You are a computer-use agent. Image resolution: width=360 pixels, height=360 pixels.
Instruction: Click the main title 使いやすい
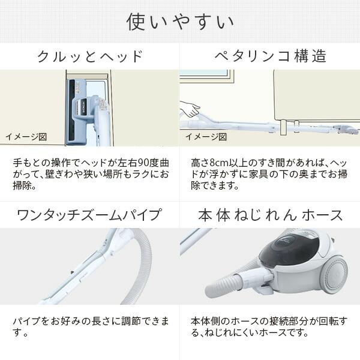(x=180, y=22)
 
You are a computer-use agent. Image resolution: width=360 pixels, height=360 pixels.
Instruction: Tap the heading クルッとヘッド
(x=90, y=57)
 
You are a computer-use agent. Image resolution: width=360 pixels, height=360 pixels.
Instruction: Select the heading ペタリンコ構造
(x=270, y=57)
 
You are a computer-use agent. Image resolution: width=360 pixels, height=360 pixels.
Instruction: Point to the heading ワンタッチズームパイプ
(x=90, y=215)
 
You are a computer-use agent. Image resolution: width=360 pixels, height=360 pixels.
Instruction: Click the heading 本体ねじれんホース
(x=270, y=215)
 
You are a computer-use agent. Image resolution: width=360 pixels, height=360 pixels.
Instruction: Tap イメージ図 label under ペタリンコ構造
(x=206, y=137)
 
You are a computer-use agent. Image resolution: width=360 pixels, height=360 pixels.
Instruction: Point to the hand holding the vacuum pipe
(x=191, y=109)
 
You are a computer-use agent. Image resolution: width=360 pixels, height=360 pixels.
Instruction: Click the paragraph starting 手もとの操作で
(x=90, y=174)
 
